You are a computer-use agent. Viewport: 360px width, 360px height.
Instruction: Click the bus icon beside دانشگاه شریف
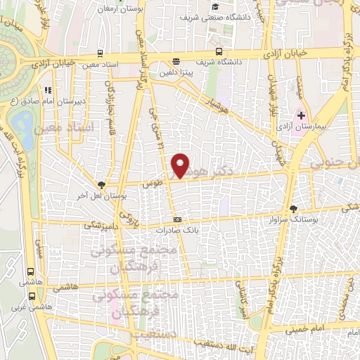click(x=219, y=51)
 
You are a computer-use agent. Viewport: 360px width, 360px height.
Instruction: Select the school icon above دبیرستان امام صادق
click(x=47, y=90)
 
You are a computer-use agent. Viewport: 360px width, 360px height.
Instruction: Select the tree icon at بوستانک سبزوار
click(x=294, y=208)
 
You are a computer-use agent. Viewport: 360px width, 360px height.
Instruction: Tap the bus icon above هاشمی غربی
click(x=30, y=271)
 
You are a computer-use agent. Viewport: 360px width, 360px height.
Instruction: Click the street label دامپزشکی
click(x=98, y=225)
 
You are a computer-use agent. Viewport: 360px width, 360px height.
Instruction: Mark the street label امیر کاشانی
click(x=240, y=300)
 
